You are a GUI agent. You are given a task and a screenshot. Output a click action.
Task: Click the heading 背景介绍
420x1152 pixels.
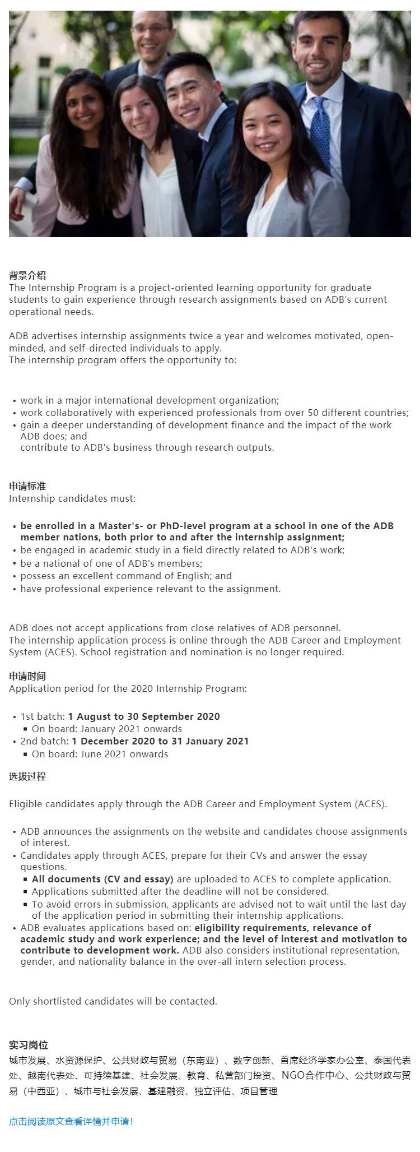pyautogui.click(x=27, y=275)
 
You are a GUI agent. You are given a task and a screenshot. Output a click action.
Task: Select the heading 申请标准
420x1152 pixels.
pyautogui.click(x=27, y=486)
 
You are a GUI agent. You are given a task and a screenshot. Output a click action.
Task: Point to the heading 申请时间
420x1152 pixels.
pyautogui.click(x=27, y=676)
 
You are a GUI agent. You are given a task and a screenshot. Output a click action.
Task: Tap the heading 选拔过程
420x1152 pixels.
pyautogui.click(x=27, y=776)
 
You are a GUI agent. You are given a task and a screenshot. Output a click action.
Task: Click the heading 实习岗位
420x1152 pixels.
pyautogui.click(x=29, y=1045)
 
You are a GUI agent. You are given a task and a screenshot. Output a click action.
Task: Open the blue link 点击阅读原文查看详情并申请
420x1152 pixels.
pyautogui.click(x=71, y=1121)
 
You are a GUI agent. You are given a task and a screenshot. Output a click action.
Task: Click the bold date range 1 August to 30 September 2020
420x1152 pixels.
pyautogui.click(x=144, y=716)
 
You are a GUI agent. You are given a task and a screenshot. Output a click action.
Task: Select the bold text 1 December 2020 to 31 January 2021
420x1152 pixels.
pyautogui.click(x=160, y=741)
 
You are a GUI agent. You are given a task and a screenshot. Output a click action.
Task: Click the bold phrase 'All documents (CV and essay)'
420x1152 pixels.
pyautogui.click(x=102, y=879)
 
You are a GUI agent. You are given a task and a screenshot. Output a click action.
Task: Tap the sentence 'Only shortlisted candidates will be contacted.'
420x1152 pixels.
pyautogui.click(x=113, y=1001)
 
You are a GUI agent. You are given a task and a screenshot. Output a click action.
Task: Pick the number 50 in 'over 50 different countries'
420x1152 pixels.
pyautogui.click(x=313, y=413)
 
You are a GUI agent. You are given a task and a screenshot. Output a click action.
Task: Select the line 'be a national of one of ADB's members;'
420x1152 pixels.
pyautogui.click(x=111, y=563)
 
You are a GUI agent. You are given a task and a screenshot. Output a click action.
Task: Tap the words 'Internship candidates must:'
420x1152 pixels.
pyautogui.click(x=72, y=498)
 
